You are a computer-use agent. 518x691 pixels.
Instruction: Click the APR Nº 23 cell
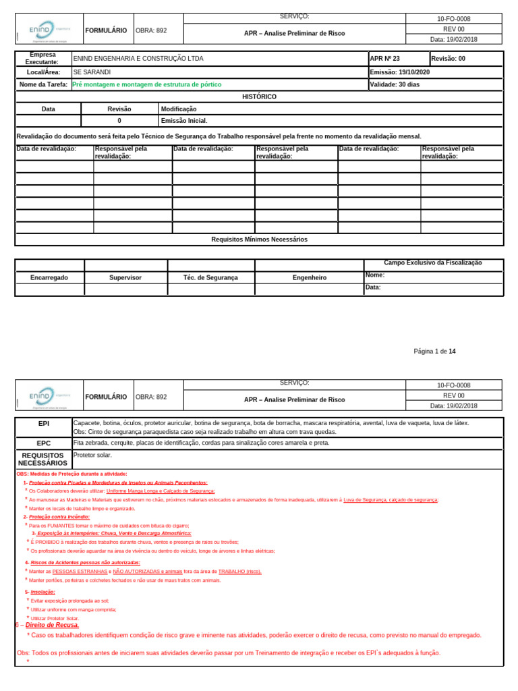[385, 59]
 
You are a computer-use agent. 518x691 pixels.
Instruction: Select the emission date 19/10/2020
[400, 72]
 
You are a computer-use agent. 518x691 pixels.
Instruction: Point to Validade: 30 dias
[395, 85]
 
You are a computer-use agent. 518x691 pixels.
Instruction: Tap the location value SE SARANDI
[92, 72]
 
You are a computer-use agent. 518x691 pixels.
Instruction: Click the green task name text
[146, 85]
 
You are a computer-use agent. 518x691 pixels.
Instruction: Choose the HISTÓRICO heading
[259, 97]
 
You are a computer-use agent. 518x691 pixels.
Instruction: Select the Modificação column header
[179, 109]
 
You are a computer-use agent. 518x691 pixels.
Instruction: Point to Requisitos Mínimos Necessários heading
[259, 240]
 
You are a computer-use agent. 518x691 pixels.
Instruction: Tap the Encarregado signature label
[49, 277]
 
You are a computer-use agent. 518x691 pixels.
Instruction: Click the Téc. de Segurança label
[210, 277]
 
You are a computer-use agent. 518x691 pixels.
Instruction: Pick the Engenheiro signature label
[310, 277]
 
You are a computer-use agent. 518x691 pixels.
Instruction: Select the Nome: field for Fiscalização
[375, 275]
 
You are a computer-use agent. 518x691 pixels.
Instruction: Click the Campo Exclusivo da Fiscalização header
[433, 263]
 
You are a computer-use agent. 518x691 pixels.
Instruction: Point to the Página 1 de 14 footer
[434, 351]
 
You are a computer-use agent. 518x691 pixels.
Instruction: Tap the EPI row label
[43, 423]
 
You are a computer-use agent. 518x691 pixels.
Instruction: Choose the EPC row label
[43, 443]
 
